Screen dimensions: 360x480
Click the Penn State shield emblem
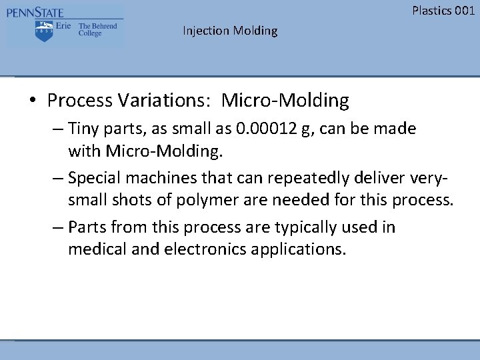(x=44, y=30)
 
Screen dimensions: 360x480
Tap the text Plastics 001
(x=443, y=10)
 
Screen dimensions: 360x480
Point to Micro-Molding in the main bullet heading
(x=285, y=101)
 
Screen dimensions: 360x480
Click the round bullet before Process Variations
(x=33, y=101)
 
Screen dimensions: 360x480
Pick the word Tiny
(x=83, y=128)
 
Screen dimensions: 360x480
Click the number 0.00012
(x=265, y=128)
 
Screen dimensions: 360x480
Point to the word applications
(x=301, y=249)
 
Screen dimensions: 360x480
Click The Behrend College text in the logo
(x=97, y=29)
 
